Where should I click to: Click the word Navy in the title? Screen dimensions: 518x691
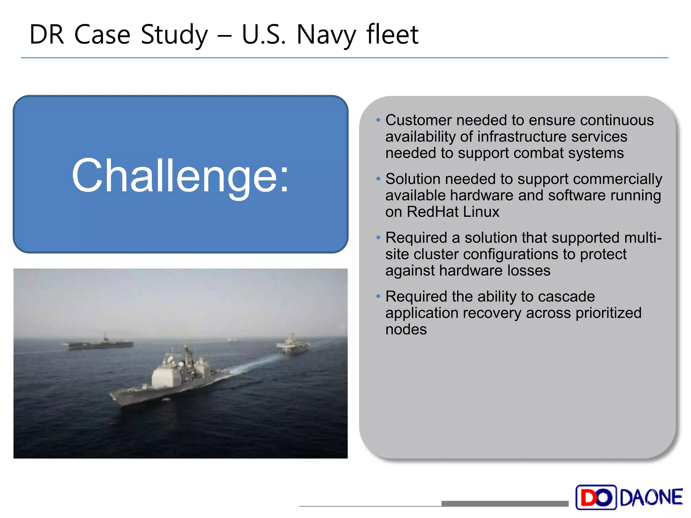click(x=326, y=35)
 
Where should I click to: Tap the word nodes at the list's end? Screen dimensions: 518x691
click(x=406, y=329)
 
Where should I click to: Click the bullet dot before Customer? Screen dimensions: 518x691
click(x=378, y=120)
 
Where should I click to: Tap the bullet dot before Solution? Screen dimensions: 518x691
click(x=378, y=179)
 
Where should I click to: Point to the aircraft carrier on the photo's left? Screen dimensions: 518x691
click(x=100, y=343)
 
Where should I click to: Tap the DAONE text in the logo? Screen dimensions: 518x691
click(x=651, y=497)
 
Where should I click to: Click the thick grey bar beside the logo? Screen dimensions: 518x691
click(x=504, y=503)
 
